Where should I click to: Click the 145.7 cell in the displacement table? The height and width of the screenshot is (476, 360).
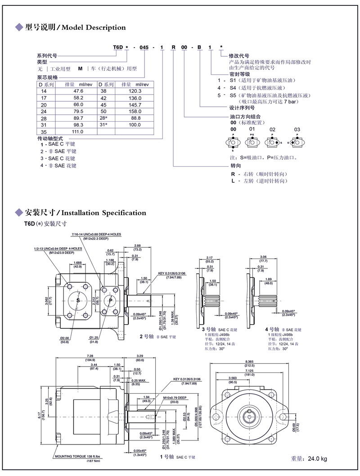(x=135, y=104)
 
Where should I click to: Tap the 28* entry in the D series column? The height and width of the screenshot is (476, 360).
(x=104, y=118)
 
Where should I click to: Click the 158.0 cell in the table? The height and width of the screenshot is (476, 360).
(x=135, y=111)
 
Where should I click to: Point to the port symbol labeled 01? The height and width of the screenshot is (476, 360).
(x=252, y=142)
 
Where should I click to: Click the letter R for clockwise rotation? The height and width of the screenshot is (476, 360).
(x=233, y=174)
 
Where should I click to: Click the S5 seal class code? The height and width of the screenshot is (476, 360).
(x=233, y=95)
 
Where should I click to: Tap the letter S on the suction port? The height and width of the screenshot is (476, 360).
(x=78, y=300)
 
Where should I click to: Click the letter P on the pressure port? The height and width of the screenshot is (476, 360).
(x=111, y=300)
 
